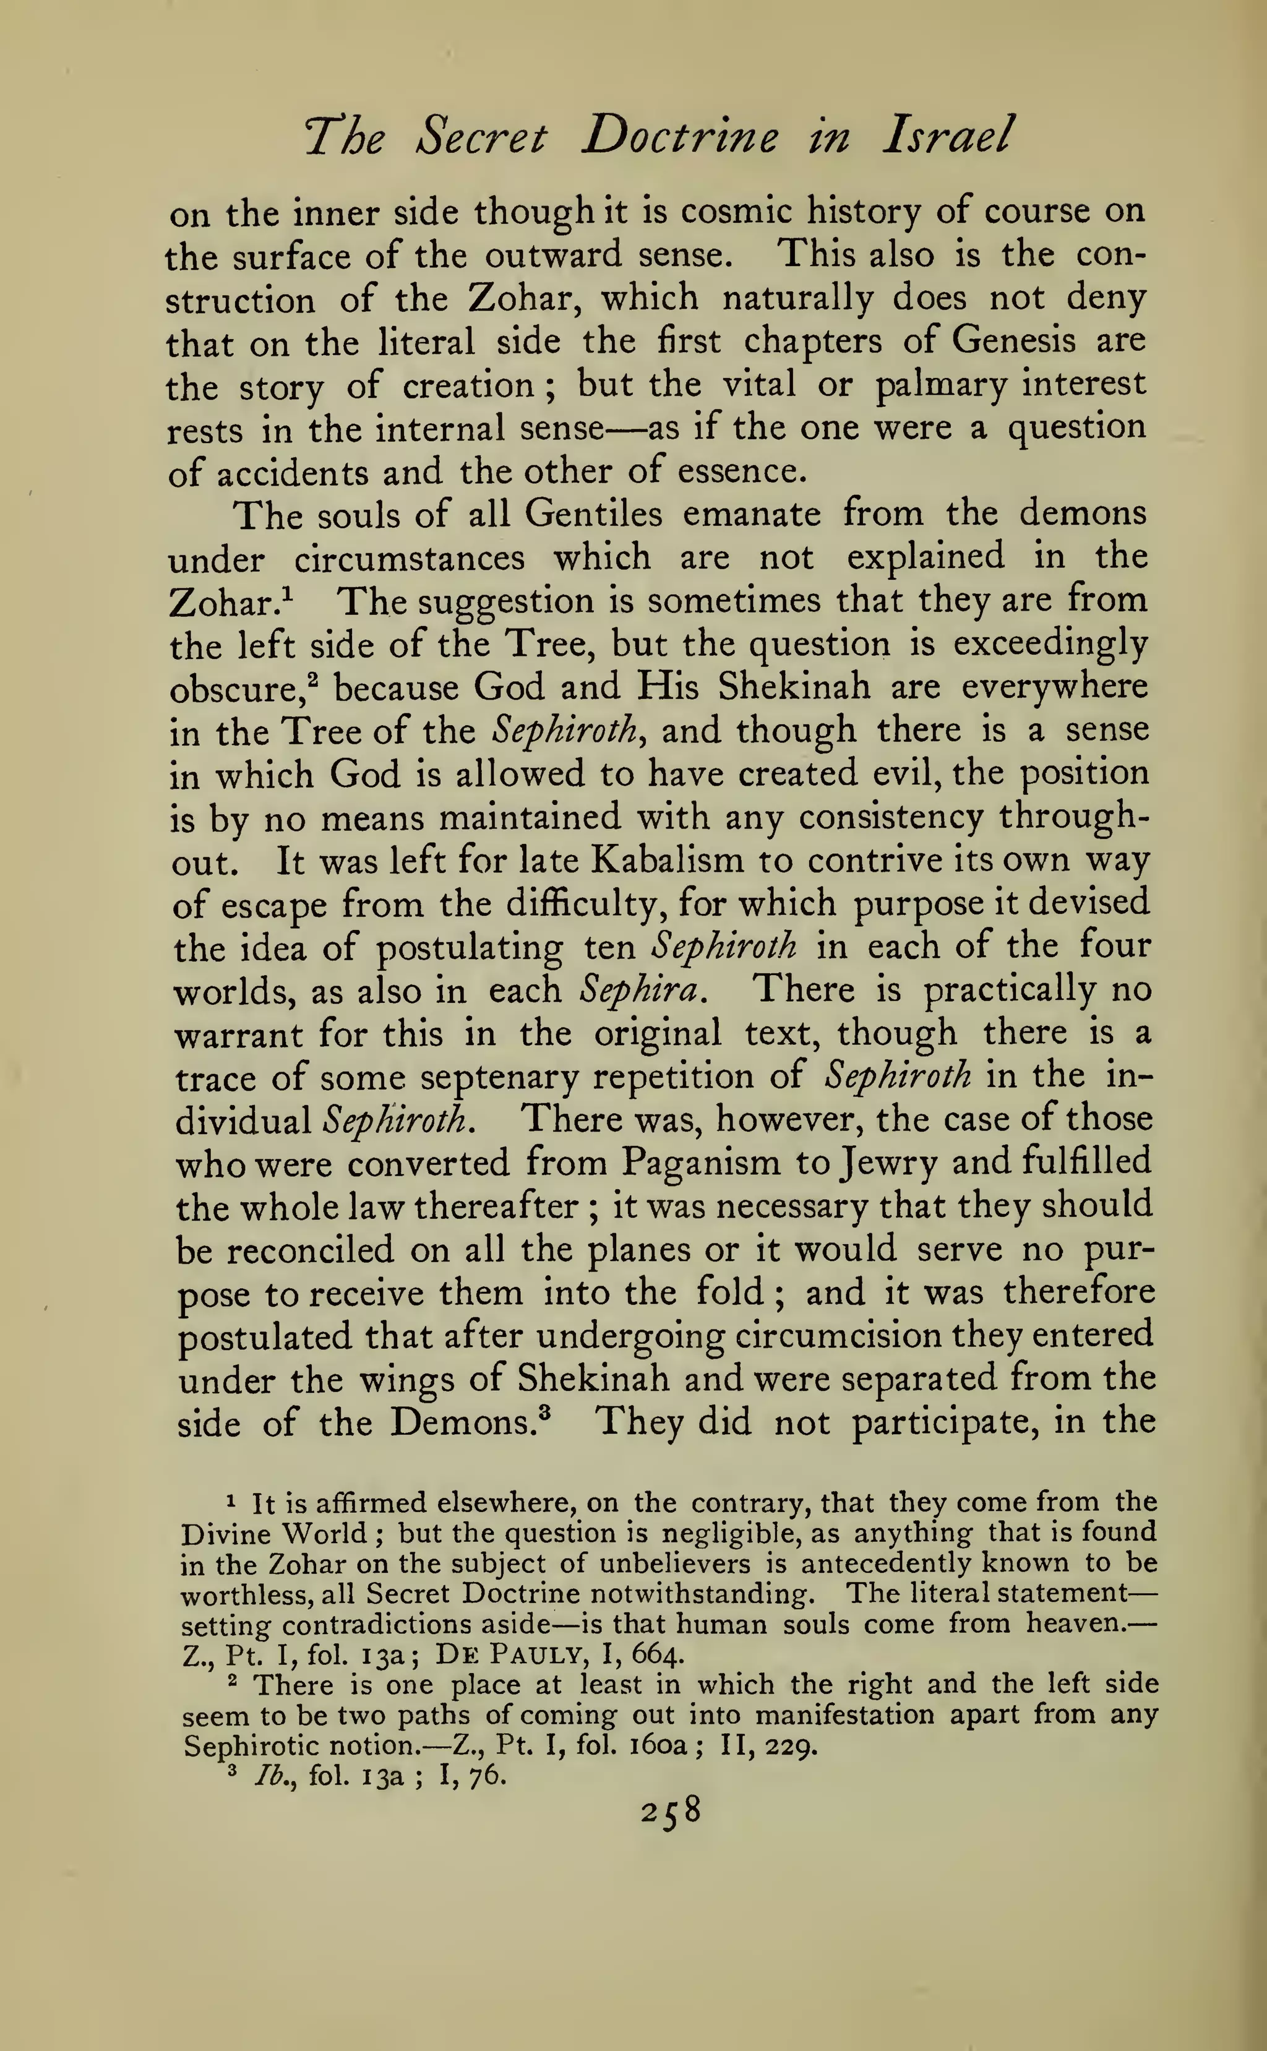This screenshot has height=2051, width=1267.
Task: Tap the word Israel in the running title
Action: pos(948,135)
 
